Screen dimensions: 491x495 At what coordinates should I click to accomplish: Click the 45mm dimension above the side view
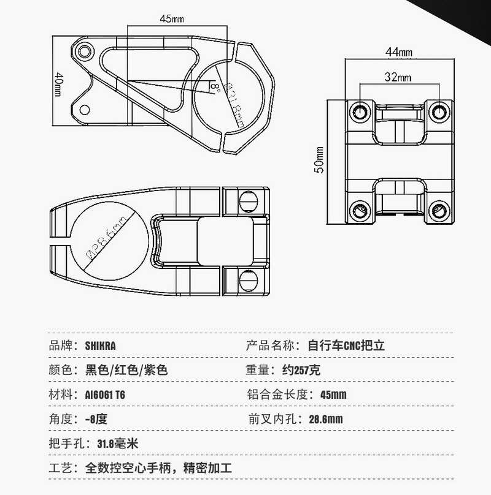(172, 19)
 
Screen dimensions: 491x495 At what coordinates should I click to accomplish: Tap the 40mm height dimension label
(58, 84)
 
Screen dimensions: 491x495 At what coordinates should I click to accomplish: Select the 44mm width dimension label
(399, 52)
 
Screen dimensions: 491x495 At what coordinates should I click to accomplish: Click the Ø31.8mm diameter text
(234, 104)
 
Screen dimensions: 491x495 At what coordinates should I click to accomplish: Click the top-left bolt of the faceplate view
(358, 111)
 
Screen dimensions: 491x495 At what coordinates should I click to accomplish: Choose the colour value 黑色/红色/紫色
(126, 370)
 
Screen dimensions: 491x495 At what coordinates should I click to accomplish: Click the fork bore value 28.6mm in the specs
(325, 420)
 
